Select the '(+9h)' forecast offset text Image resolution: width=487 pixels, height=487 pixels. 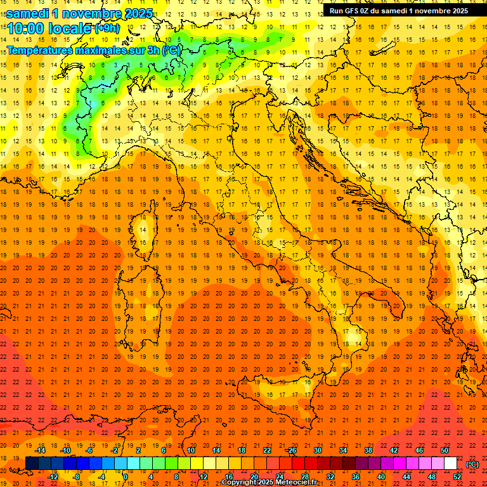(x=106, y=29)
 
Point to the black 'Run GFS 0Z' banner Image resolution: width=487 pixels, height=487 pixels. (x=397, y=10)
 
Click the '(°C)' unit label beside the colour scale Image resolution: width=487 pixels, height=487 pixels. (x=472, y=464)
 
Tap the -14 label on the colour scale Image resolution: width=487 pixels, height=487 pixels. (x=41, y=450)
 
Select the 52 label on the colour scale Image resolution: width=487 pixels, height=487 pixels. (x=457, y=477)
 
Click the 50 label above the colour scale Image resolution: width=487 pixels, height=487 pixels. (x=445, y=450)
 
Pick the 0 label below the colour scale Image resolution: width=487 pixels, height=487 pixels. (x=126, y=477)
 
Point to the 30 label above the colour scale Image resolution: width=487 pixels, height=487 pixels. (x=318, y=450)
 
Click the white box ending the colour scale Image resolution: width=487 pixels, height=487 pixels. (x=450, y=464)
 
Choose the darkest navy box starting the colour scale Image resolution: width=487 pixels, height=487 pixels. (x=32, y=464)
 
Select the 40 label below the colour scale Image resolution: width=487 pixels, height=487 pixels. (x=381, y=477)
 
